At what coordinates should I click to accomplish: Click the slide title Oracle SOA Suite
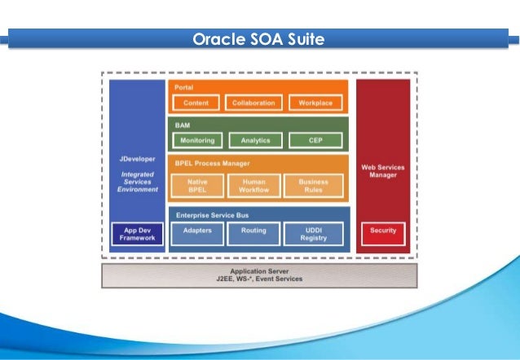point(259,39)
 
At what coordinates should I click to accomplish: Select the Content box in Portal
point(196,103)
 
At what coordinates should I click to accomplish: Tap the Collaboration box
point(253,103)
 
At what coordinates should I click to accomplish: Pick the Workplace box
point(315,103)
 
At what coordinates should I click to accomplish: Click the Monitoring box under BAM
point(196,140)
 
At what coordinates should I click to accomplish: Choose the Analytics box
point(255,140)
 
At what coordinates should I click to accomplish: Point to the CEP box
point(315,140)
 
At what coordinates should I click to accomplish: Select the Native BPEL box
point(196,186)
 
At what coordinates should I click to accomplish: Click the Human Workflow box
point(254,186)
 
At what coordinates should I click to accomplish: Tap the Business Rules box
point(313,186)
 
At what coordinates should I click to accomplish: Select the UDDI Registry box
point(313,235)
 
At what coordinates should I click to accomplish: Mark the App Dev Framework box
point(137,235)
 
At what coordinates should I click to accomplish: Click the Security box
point(383,231)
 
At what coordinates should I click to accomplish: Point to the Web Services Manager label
point(383,170)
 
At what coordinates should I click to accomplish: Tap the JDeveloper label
point(137,160)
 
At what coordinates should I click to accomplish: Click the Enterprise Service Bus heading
point(213,214)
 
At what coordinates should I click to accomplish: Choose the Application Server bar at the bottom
point(259,274)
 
